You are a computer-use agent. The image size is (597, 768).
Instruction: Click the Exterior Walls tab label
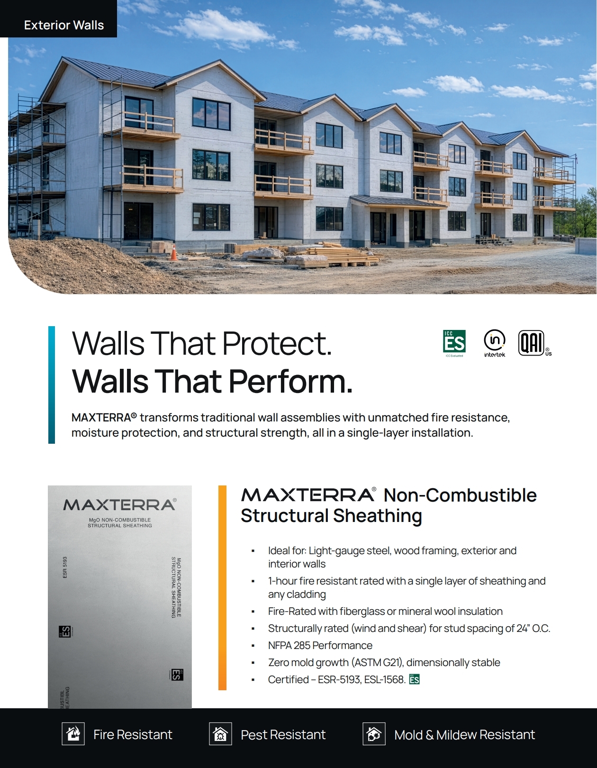click(64, 25)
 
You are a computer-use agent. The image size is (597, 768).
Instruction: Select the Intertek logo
click(495, 343)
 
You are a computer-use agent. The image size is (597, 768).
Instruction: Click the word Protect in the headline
click(277, 344)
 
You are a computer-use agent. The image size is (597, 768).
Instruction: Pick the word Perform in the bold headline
click(290, 381)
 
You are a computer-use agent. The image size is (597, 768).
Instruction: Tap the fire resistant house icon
click(73, 734)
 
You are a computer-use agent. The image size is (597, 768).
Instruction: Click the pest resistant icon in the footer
click(220, 734)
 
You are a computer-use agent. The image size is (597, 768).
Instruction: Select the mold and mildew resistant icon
click(374, 734)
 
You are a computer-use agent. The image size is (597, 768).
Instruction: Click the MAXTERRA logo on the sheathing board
click(120, 505)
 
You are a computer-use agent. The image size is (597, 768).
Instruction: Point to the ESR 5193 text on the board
click(64, 567)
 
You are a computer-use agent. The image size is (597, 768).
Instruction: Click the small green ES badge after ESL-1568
click(415, 679)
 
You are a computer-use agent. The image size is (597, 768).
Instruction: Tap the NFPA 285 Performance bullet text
click(320, 645)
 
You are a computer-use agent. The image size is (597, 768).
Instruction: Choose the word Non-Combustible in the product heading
click(460, 495)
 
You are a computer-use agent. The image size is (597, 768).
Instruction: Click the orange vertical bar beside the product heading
click(222, 587)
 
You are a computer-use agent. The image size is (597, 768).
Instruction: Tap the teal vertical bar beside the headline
click(52, 384)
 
